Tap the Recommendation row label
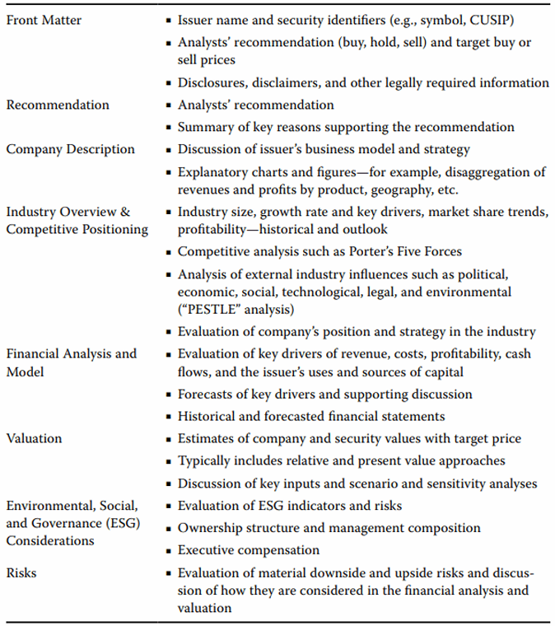click(58, 105)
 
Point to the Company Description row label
click(71, 149)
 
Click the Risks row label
click(22, 572)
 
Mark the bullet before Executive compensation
click(169, 550)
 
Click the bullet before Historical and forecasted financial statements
click(169, 417)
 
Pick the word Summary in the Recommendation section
click(206, 127)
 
